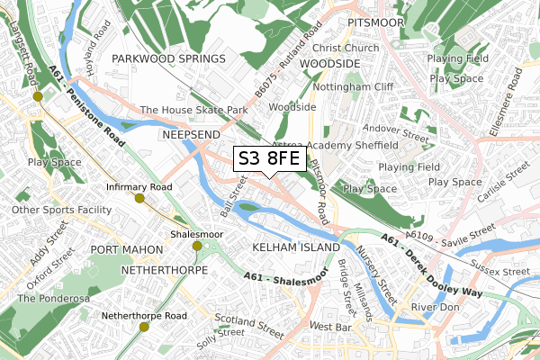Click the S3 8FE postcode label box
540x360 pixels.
[267, 159]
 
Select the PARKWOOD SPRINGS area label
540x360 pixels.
[169, 58]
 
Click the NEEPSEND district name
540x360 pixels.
[191, 133]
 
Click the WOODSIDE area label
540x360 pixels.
[330, 64]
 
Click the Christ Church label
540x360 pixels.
[346, 48]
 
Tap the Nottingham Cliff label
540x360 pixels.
[359, 87]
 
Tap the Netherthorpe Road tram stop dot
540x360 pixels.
[144, 327]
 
